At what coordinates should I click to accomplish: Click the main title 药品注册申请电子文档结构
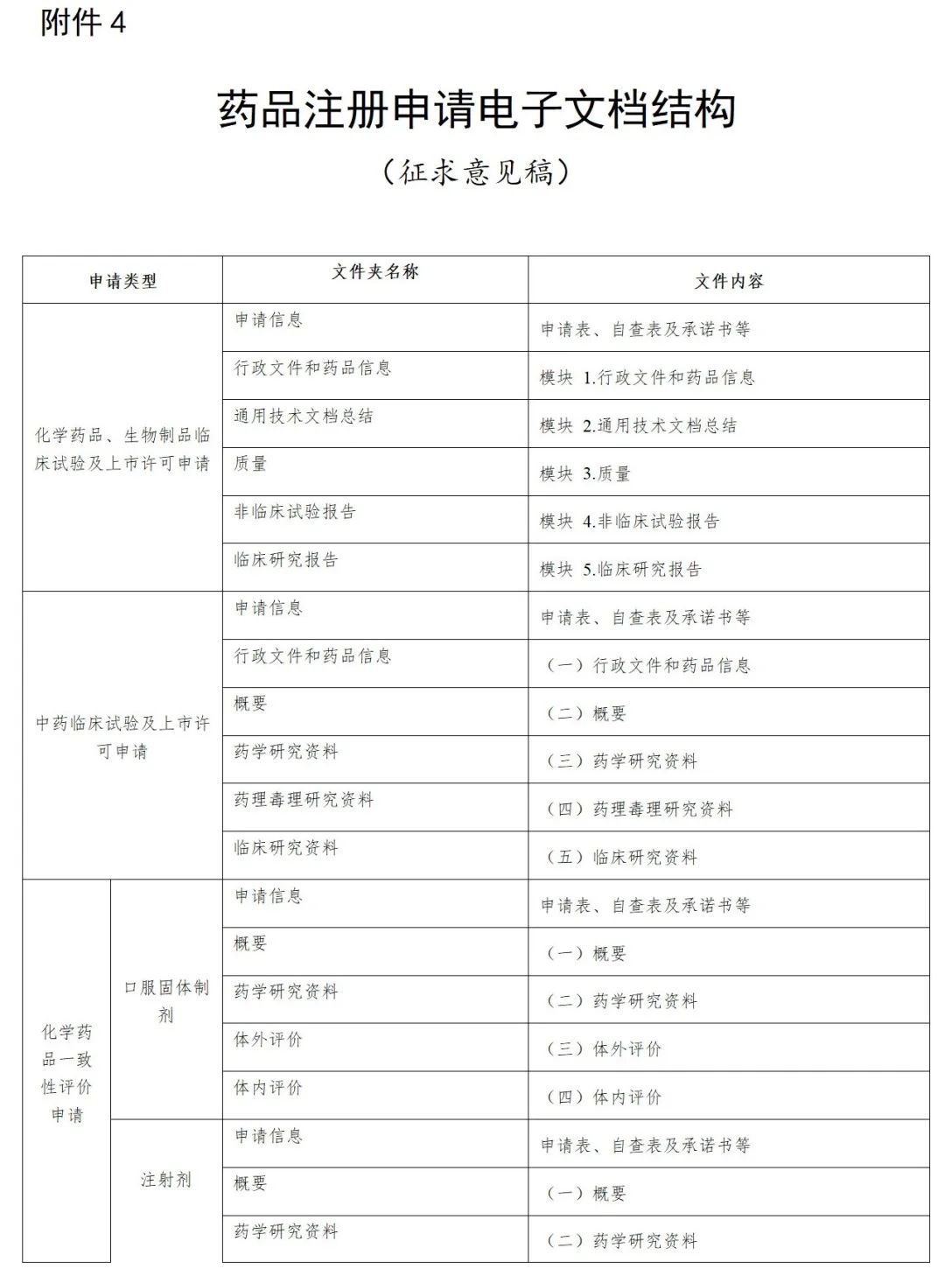click(477, 110)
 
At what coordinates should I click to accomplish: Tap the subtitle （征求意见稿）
click(477, 171)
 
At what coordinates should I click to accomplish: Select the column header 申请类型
click(122, 281)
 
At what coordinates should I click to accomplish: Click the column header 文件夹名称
click(375, 272)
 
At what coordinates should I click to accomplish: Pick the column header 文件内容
click(729, 281)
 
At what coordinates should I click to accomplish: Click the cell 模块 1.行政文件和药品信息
click(647, 377)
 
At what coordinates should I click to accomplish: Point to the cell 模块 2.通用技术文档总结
click(638, 425)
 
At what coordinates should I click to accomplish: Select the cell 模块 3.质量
click(584, 473)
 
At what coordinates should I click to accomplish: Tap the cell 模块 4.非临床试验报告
click(629, 521)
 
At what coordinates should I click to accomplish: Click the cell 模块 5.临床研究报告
click(620, 569)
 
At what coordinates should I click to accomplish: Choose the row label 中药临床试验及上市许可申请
click(122, 737)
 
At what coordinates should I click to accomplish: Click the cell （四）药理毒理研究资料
click(639, 809)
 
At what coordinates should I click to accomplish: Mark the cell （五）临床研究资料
click(621, 857)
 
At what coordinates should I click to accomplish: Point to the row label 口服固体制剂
click(166, 1000)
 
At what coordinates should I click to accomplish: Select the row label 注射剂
click(166, 1180)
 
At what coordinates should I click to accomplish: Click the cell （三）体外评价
click(604, 1048)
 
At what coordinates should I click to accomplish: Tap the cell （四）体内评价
click(604, 1097)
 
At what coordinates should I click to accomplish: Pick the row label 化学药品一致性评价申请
click(66, 1073)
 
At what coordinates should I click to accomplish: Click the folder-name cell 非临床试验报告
click(295, 512)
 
